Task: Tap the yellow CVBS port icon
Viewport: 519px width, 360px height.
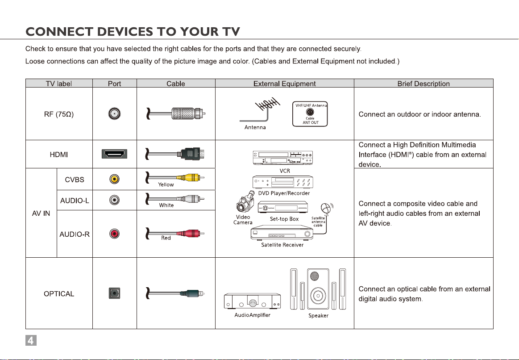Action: pos(115,179)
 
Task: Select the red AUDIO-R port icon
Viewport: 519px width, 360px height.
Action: pos(115,234)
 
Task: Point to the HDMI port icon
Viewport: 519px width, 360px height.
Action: pos(115,154)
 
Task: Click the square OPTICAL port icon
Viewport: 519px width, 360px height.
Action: pos(115,293)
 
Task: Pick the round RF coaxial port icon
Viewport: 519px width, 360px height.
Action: pos(115,114)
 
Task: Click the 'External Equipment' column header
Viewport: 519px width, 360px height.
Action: pos(284,84)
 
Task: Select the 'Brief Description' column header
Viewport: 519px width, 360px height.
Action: pos(423,84)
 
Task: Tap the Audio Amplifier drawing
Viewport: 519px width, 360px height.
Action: pos(253,303)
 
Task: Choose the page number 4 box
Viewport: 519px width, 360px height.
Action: pos(30,340)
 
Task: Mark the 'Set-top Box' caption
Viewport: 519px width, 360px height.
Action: pos(284,219)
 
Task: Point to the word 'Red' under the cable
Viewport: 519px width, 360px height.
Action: pos(166,238)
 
